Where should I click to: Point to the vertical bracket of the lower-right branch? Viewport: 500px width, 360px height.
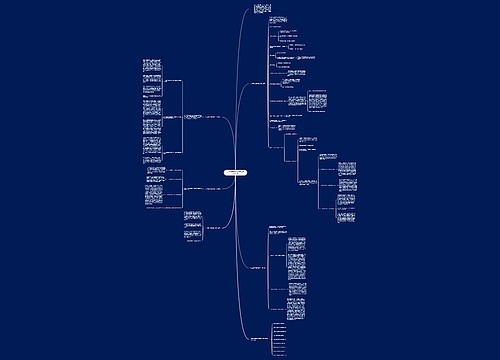tap(267, 270)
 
